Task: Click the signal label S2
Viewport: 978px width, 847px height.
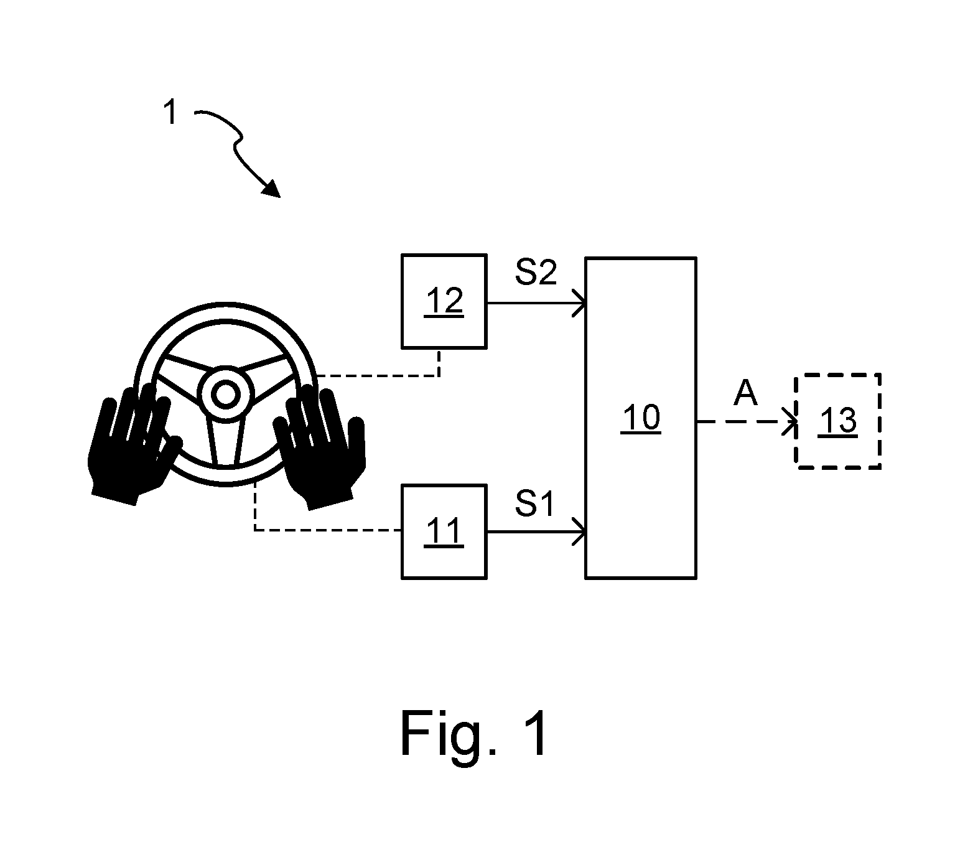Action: (536, 273)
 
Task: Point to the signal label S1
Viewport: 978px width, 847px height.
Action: (534, 503)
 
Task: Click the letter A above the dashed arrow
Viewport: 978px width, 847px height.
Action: (745, 393)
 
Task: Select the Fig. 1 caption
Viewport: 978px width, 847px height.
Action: (473, 734)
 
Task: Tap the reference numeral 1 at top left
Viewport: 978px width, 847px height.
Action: (170, 112)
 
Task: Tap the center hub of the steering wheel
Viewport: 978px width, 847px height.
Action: (226, 394)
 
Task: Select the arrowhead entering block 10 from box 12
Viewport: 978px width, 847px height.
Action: (580, 303)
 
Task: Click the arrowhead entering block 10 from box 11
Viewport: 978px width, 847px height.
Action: (580, 532)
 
